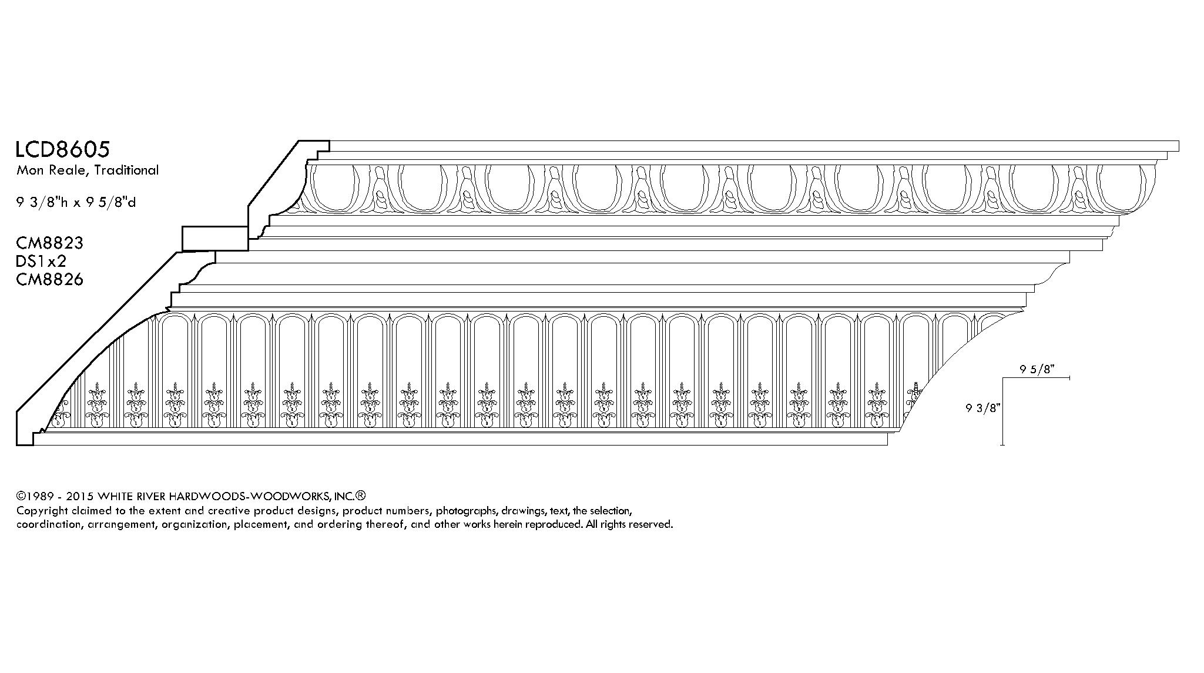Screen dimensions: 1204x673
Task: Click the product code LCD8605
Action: coord(63,149)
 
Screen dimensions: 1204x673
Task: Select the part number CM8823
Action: coord(49,243)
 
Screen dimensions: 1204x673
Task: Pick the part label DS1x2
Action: coord(41,261)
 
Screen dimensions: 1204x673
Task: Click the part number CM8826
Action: coord(49,279)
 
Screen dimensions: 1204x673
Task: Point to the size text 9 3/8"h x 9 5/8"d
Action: coord(76,203)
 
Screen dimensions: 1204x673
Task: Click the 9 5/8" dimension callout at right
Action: coord(1038,369)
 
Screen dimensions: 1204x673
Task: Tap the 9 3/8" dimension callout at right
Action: coord(982,408)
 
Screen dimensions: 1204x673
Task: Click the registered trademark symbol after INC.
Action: coord(361,495)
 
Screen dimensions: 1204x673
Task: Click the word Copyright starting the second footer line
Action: coord(42,510)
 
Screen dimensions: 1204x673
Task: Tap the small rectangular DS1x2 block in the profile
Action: coord(215,239)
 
